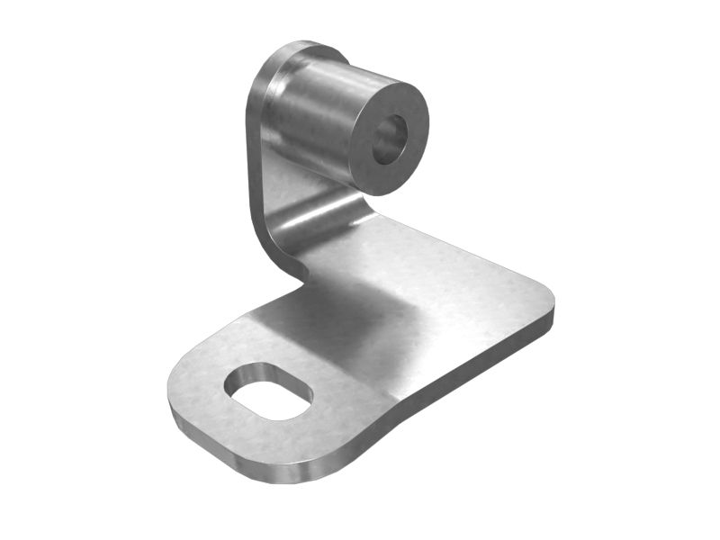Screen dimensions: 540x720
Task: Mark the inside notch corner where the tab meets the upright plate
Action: tap(301, 279)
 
